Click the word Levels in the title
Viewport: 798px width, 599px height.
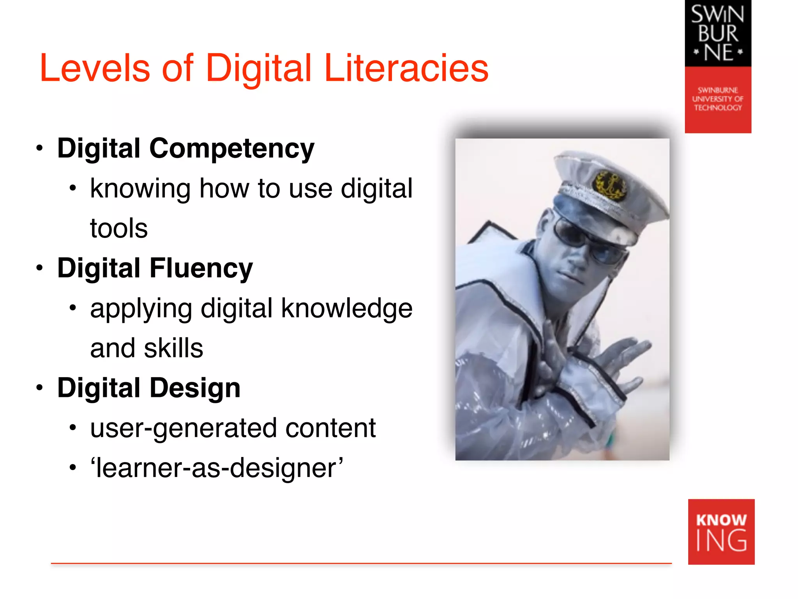pyautogui.click(x=95, y=69)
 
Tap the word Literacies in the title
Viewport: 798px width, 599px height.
pyautogui.click(x=406, y=69)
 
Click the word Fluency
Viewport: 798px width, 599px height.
pyautogui.click(x=201, y=269)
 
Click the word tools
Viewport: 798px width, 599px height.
pyautogui.click(x=119, y=229)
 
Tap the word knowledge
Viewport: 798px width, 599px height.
pyautogui.click(x=346, y=308)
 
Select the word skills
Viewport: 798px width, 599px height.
pyautogui.click(x=173, y=348)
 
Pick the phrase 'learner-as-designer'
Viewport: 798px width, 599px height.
pyautogui.click(x=217, y=468)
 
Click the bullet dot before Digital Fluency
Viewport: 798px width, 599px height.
pyautogui.click(x=39, y=268)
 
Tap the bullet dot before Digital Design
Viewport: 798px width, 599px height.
pyautogui.click(x=39, y=388)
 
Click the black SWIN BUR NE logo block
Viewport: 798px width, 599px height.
pyautogui.click(x=718, y=34)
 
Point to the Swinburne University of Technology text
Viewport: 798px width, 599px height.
pyautogui.click(x=718, y=99)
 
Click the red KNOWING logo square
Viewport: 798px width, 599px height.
pyautogui.click(x=721, y=532)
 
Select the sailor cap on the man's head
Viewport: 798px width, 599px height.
pyautogui.click(x=608, y=191)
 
